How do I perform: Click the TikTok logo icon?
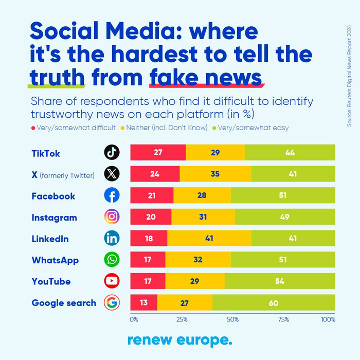[112, 152]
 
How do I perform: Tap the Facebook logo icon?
[112, 195]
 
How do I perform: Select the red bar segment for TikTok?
[158, 152]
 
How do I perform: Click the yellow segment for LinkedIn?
[209, 238]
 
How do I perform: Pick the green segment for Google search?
[274, 302]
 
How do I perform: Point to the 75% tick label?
[283, 319]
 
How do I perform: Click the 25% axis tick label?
[182, 319]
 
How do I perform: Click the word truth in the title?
[57, 77]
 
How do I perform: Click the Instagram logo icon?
[112, 217]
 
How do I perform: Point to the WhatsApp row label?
[55, 260]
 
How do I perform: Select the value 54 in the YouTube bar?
[279, 281]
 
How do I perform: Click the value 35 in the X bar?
[215, 174]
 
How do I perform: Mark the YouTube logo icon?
[112, 281]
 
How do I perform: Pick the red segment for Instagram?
[151, 217]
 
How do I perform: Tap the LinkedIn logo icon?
[112, 238]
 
